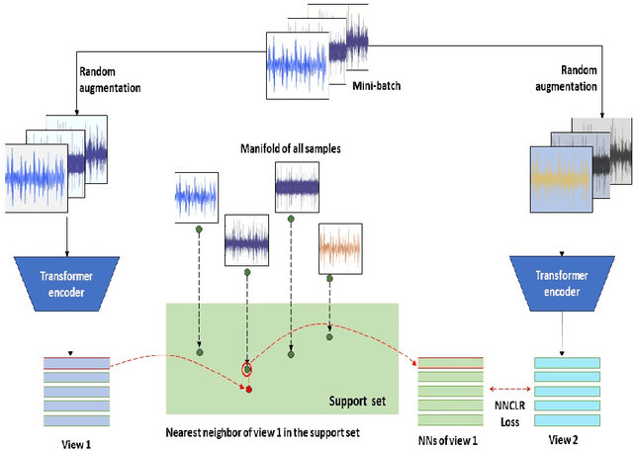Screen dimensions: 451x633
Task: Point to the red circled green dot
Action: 246,370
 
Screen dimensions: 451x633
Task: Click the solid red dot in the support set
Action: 248,389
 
